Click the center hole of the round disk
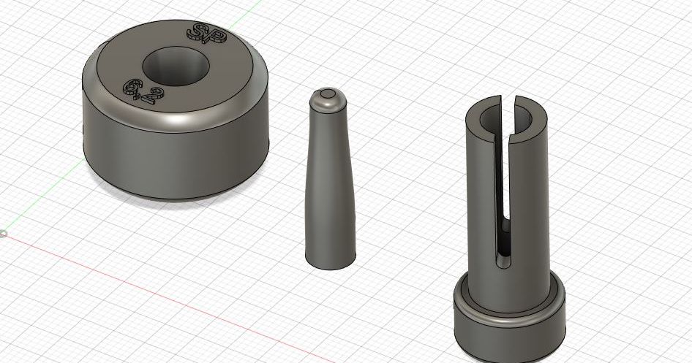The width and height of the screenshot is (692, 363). pyautogui.click(x=176, y=66)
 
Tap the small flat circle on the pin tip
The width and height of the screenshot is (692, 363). pyautogui.click(x=328, y=93)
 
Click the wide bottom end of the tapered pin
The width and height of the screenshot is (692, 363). pyautogui.click(x=331, y=262)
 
